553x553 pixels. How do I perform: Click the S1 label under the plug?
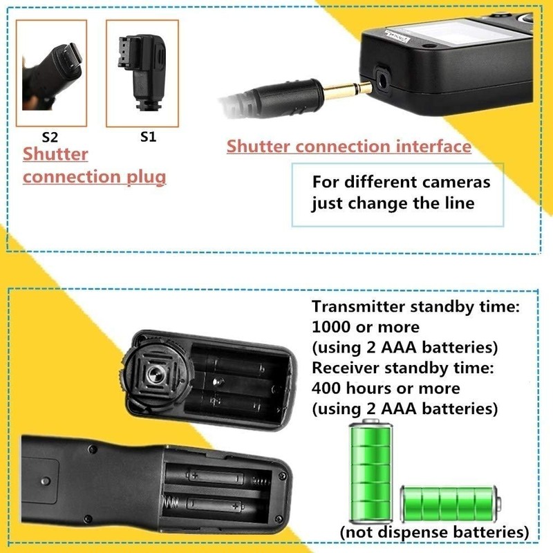coord(148,136)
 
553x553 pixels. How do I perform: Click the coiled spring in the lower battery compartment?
coord(263,480)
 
